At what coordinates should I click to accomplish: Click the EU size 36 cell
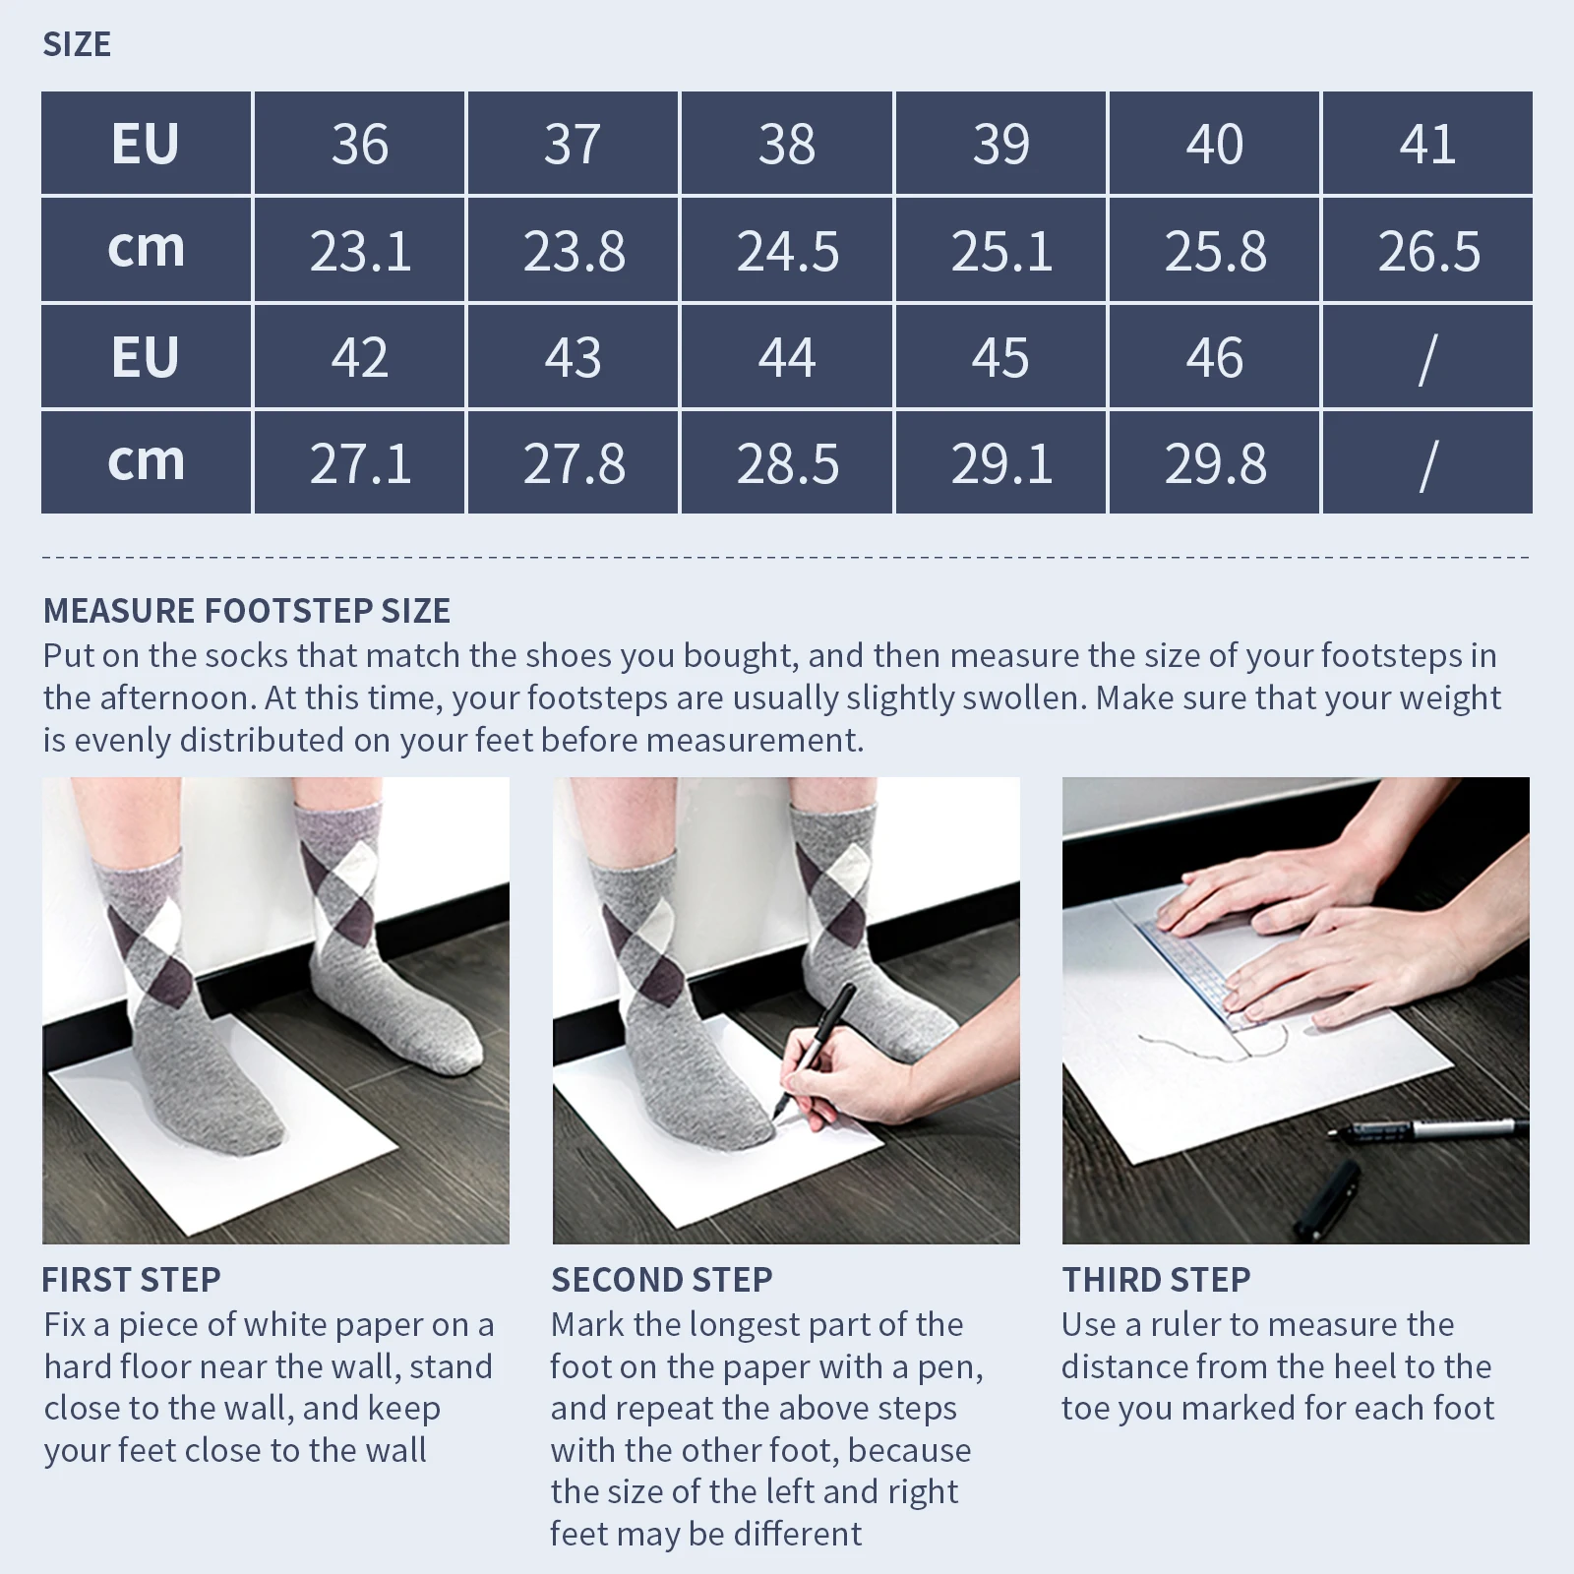[359, 144]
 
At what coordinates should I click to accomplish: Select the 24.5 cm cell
[787, 250]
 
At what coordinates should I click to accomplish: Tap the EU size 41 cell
[1427, 144]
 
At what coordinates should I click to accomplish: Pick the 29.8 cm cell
[1215, 462]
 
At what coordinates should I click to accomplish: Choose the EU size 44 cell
[787, 356]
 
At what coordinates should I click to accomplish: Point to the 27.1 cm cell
[359, 462]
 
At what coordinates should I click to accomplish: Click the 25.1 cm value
[1001, 251]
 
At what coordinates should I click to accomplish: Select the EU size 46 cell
[1215, 356]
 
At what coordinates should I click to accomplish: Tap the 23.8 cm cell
[574, 250]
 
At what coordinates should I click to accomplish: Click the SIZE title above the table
[77, 44]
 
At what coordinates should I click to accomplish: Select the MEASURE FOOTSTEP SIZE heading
[247, 611]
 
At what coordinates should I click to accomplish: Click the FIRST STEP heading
[132, 1280]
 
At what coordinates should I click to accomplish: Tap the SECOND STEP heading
[662, 1280]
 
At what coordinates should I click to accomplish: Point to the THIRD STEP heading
[1156, 1280]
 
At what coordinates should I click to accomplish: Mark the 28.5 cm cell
[787, 462]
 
